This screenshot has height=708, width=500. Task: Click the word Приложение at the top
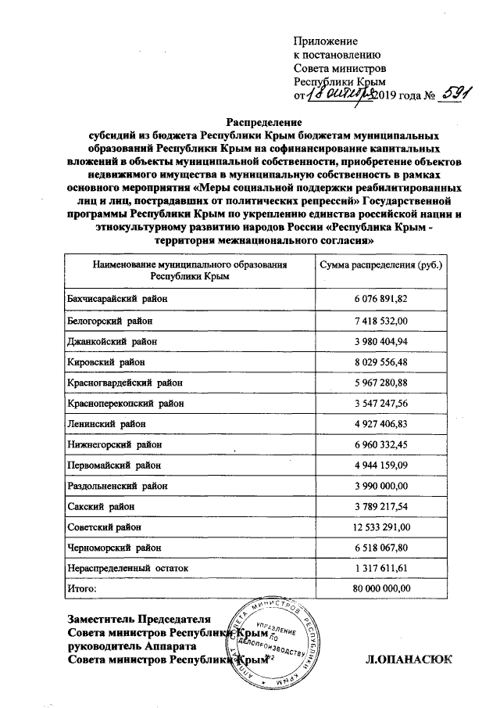click(x=325, y=41)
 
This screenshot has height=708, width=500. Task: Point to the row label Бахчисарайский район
click(x=117, y=300)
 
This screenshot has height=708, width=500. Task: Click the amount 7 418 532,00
click(x=380, y=321)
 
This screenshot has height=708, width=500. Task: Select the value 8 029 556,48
click(x=380, y=362)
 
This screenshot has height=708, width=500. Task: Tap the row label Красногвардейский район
click(x=125, y=383)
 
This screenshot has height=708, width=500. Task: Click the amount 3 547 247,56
click(x=380, y=403)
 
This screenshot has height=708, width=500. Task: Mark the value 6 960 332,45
click(x=380, y=444)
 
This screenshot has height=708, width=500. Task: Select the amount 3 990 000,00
click(x=380, y=485)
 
